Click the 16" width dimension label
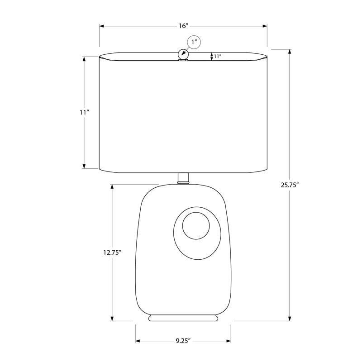(x=184, y=26)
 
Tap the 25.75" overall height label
(x=290, y=185)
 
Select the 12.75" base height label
(x=112, y=252)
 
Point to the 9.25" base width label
(x=183, y=341)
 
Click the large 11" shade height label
(x=85, y=112)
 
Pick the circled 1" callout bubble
(x=194, y=42)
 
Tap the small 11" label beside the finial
(x=218, y=56)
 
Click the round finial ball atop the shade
(x=183, y=55)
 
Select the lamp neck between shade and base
(x=183, y=178)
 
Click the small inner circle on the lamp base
(x=196, y=225)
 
